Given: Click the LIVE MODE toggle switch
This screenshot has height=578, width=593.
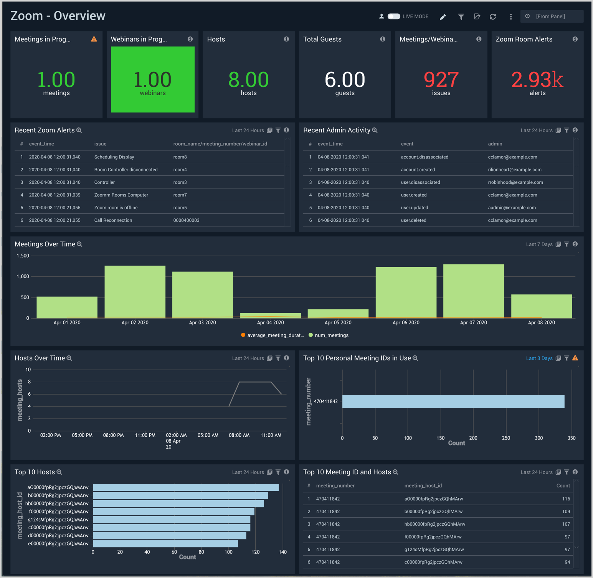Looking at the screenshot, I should click(394, 17).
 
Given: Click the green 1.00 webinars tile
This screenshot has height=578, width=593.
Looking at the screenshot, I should click(152, 79).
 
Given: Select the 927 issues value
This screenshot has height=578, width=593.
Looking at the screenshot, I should click(441, 80).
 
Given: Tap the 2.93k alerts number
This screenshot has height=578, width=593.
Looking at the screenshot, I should click(537, 80).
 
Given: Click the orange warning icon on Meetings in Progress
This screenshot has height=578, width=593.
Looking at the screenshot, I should click(94, 39).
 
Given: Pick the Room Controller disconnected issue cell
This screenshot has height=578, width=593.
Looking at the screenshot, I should click(126, 170).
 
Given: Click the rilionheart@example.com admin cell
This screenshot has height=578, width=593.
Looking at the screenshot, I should click(514, 170).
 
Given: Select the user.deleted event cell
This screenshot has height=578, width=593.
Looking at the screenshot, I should click(413, 220).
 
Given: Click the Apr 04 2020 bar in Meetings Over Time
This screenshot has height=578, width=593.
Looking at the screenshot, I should click(270, 315).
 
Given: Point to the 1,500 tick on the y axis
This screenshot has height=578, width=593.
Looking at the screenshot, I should click(23, 256).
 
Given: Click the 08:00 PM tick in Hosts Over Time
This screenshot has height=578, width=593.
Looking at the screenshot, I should click(113, 435).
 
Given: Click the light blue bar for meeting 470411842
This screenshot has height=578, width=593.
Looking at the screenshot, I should click(453, 401).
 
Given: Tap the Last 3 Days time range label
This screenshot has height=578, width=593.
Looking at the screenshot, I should click(539, 358).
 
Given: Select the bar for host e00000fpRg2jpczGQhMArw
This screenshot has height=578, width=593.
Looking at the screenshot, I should click(165, 544).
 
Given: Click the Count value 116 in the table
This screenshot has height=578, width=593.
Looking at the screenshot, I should click(566, 499).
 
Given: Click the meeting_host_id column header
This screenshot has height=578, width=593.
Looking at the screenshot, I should click(423, 486).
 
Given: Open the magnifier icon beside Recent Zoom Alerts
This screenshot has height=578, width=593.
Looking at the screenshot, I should click(79, 130).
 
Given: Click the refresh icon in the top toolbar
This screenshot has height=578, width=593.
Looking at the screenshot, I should click(493, 17).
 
